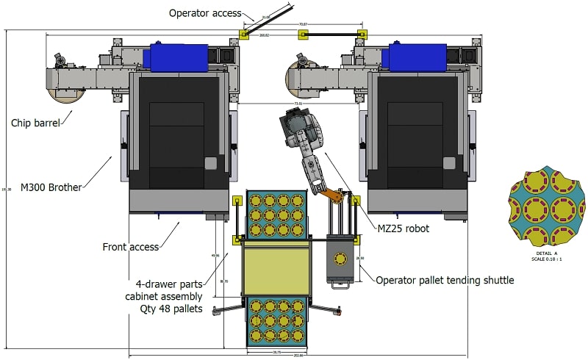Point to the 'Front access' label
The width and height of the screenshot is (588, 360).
tap(131, 247)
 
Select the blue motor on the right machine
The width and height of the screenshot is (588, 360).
tap(416, 57)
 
